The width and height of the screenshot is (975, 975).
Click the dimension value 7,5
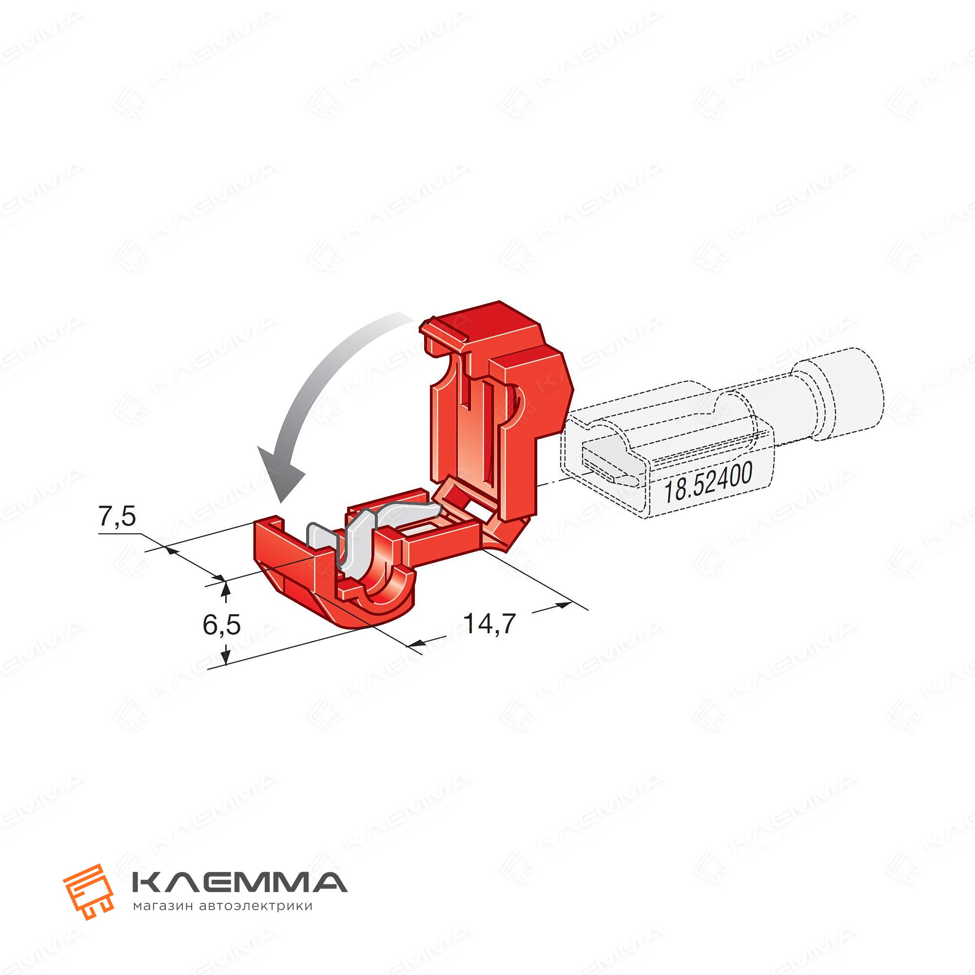tap(117, 517)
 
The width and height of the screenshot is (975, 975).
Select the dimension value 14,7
tap(489, 624)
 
